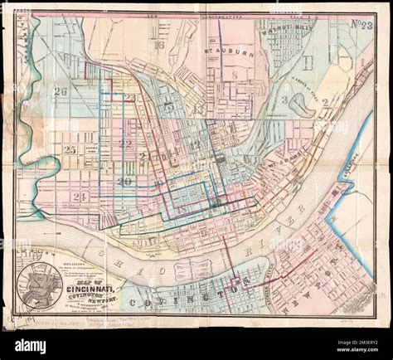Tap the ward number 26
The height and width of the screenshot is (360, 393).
point(59,92)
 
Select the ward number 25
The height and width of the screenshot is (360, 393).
point(69,149)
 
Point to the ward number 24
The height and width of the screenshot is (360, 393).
point(80,197)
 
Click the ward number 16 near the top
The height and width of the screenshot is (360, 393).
point(159,45)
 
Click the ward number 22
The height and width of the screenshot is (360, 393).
point(125,144)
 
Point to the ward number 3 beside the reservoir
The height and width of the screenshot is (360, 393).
point(284,100)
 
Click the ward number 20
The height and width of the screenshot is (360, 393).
point(124,181)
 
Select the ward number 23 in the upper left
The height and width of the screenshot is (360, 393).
point(130,98)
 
